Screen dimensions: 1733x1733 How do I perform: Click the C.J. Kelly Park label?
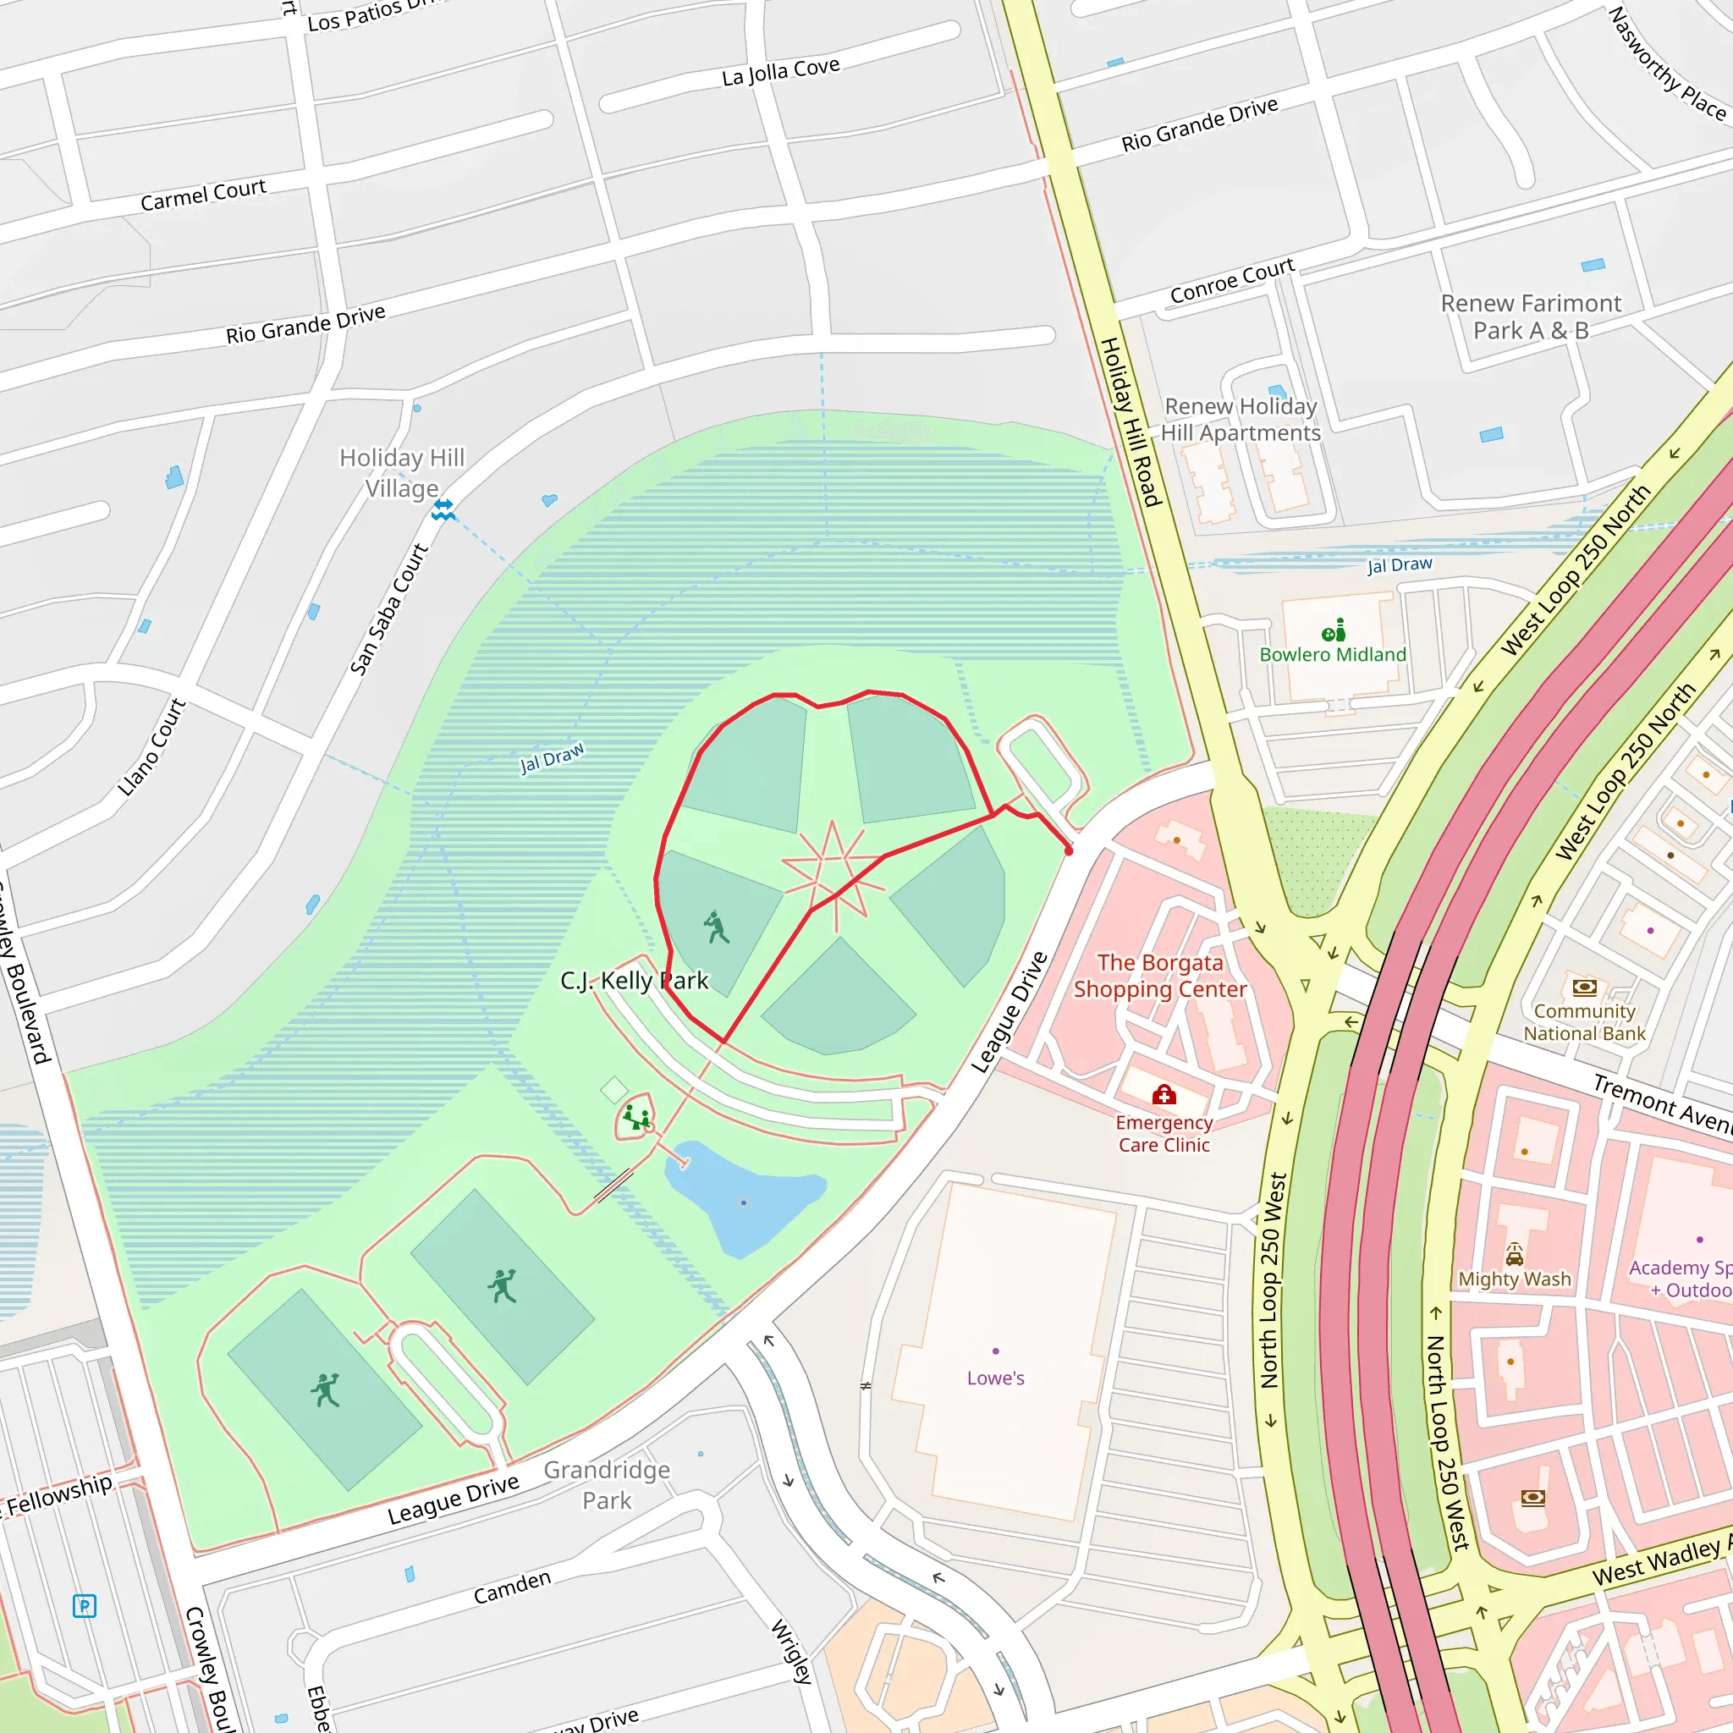[x=634, y=981]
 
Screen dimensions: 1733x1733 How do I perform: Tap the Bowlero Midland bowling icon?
[x=1334, y=630]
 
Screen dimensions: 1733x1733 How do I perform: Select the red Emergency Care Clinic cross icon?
[x=1164, y=1094]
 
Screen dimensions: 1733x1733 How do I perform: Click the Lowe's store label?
[x=995, y=1378]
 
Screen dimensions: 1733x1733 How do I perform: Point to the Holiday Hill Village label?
[x=402, y=473]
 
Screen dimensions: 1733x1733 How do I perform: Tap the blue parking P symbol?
[x=85, y=1605]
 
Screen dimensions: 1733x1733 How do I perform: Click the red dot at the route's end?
[x=1069, y=850]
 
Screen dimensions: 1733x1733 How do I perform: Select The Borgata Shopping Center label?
[x=1160, y=975]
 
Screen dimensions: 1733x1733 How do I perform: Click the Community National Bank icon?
[x=1584, y=988]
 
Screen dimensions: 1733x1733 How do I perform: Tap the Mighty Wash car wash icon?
[x=1514, y=1253]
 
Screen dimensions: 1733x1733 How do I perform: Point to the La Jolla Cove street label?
[x=780, y=71]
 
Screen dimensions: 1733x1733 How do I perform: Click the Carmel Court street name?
[x=203, y=195]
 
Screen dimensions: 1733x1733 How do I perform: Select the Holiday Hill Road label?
[x=1131, y=421]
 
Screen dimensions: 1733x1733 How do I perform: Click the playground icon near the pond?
[x=636, y=1118]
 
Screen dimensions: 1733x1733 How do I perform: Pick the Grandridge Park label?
[x=607, y=1484]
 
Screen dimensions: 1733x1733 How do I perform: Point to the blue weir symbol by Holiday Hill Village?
[x=443, y=509]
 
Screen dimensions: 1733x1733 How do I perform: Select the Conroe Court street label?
[x=1231, y=280]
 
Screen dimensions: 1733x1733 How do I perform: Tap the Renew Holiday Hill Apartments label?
[x=1240, y=419]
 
